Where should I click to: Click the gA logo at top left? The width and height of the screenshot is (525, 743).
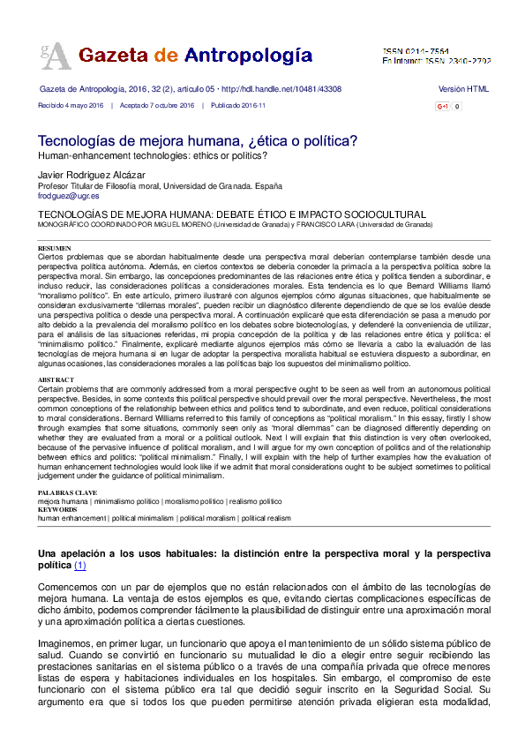[55, 55]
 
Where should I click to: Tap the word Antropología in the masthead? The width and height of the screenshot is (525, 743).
[248, 55]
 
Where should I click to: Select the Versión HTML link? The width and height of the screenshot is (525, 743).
[463, 90]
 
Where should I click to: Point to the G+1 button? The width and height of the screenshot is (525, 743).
[443, 107]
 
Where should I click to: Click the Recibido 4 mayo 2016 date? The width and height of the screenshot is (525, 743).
[71, 105]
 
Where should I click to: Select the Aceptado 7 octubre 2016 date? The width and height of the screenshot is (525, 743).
[157, 105]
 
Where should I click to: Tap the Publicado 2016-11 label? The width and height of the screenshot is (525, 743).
[238, 105]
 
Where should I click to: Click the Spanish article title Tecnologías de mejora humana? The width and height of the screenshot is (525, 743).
[197, 140]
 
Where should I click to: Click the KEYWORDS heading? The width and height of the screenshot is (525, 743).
[57, 510]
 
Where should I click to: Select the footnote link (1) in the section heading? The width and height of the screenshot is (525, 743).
[79, 565]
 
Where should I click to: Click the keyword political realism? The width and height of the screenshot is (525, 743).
[266, 519]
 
